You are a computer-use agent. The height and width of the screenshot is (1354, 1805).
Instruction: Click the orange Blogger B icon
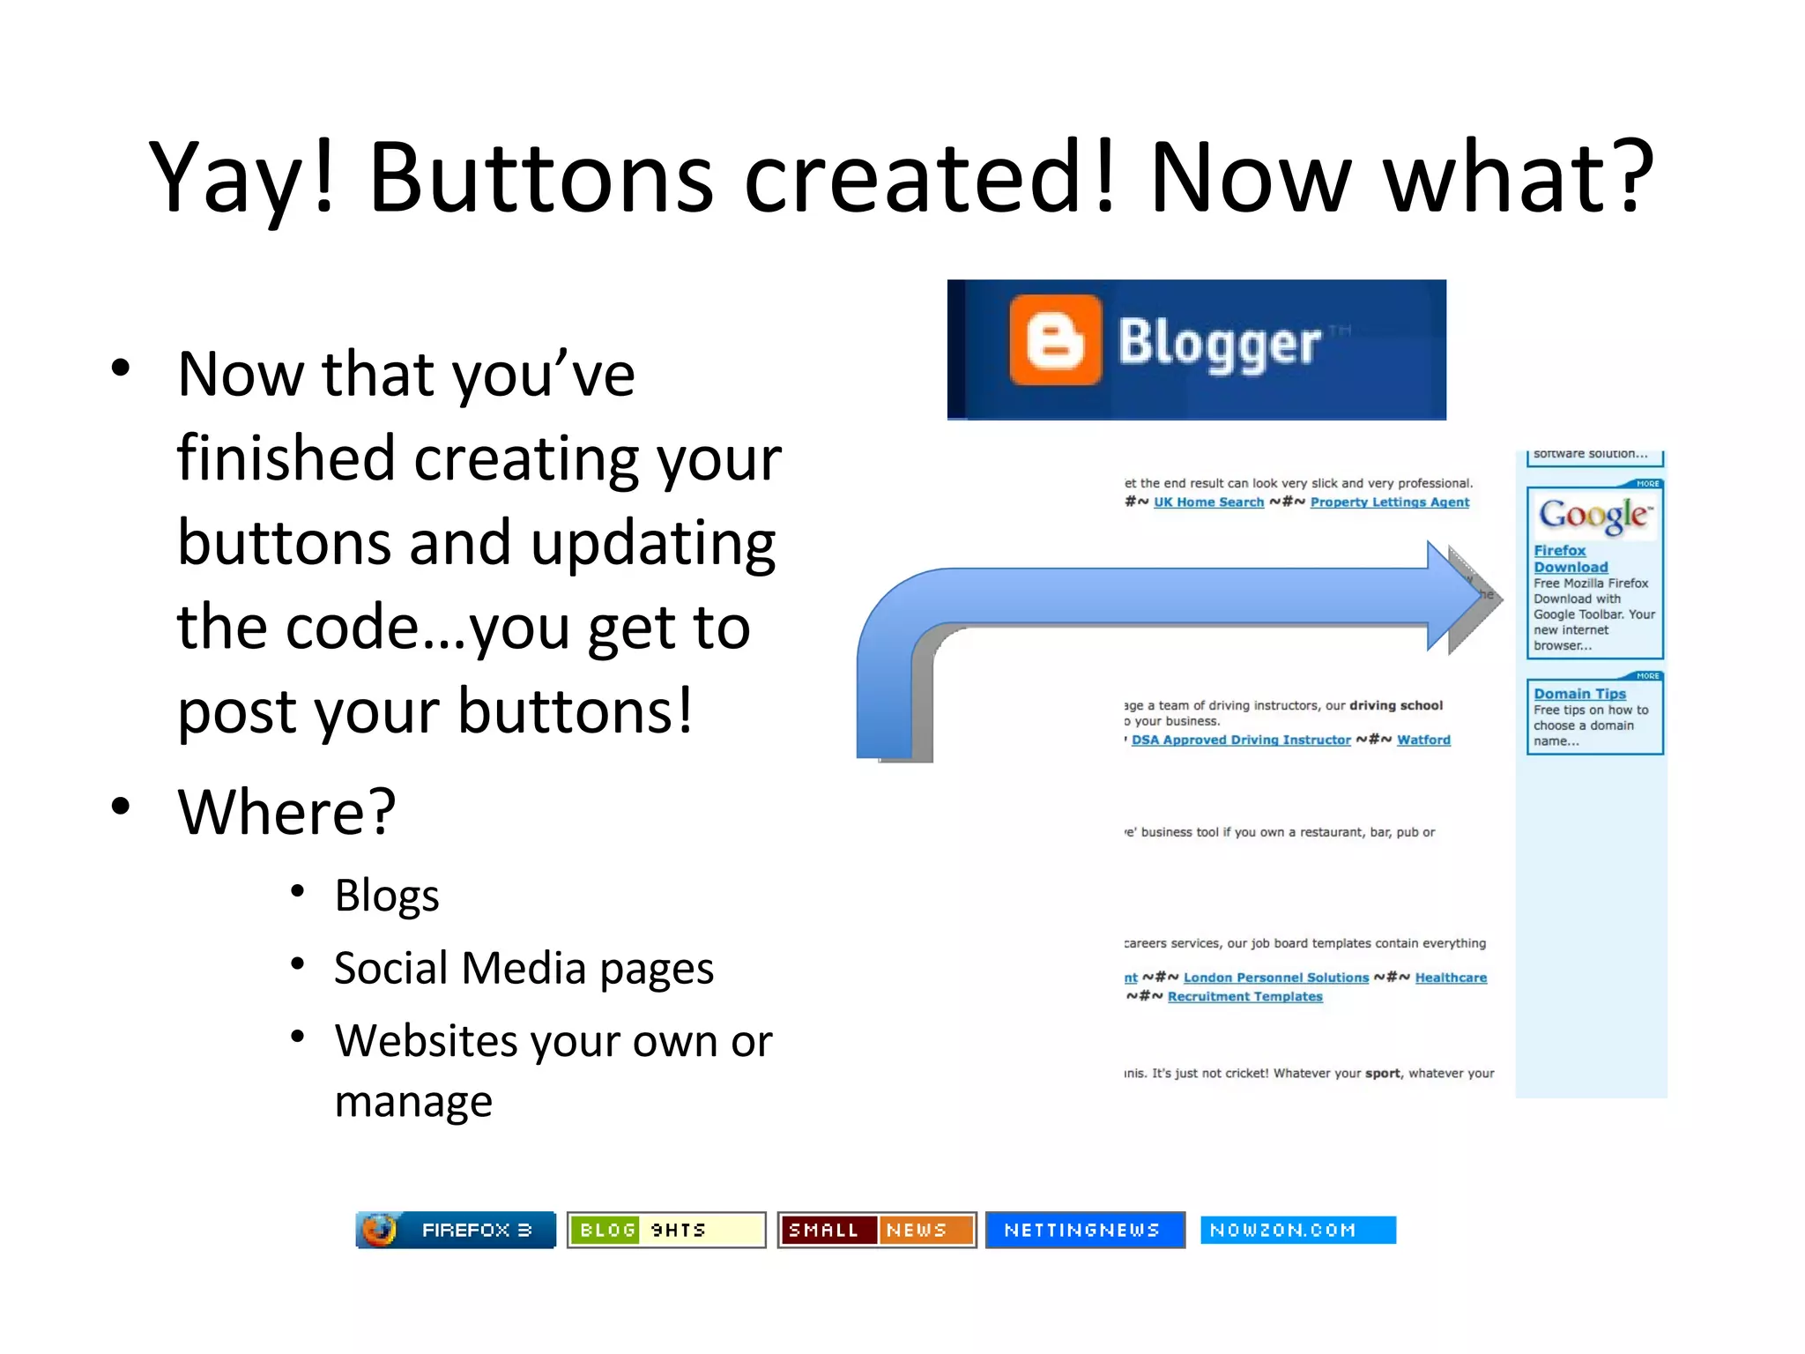coord(1055,340)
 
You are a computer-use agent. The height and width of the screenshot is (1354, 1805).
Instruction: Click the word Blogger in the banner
coord(1219,343)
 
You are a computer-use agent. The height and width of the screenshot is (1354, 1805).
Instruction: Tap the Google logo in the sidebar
coord(1594,515)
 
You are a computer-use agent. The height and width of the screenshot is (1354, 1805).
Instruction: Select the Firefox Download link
coord(1570,559)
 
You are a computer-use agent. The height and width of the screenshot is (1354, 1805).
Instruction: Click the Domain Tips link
coord(1578,694)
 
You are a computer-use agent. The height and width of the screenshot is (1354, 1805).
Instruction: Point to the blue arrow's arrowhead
coord(1459,597)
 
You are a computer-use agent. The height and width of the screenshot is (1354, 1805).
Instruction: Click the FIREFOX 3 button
coord(456,1230)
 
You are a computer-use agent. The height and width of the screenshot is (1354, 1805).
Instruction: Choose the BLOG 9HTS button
coord(665,1230)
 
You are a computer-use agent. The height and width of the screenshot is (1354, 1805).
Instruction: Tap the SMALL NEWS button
coord(876,1230)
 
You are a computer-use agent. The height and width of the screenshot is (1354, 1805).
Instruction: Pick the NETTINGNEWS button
coord(1084,1230)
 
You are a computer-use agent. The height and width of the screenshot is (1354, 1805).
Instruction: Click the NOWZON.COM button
coord(1297,1230)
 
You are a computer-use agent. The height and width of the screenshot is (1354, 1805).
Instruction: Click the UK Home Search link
coord(1208,502)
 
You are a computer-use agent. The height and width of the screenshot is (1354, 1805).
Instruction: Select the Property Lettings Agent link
coord(1389,502)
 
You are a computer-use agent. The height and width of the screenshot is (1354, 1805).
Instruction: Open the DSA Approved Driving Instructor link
coord(1240,740)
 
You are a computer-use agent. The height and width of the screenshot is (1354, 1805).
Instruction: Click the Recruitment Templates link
coord(1244,996)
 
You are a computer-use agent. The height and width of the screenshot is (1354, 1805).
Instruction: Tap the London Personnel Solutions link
coord(1275,978)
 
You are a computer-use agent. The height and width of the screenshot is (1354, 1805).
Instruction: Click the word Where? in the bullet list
coord(286,812)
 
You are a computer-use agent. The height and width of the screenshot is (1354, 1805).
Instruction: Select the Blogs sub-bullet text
coord(386,896)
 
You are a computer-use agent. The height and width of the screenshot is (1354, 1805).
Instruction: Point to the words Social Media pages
coord(524,969)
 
